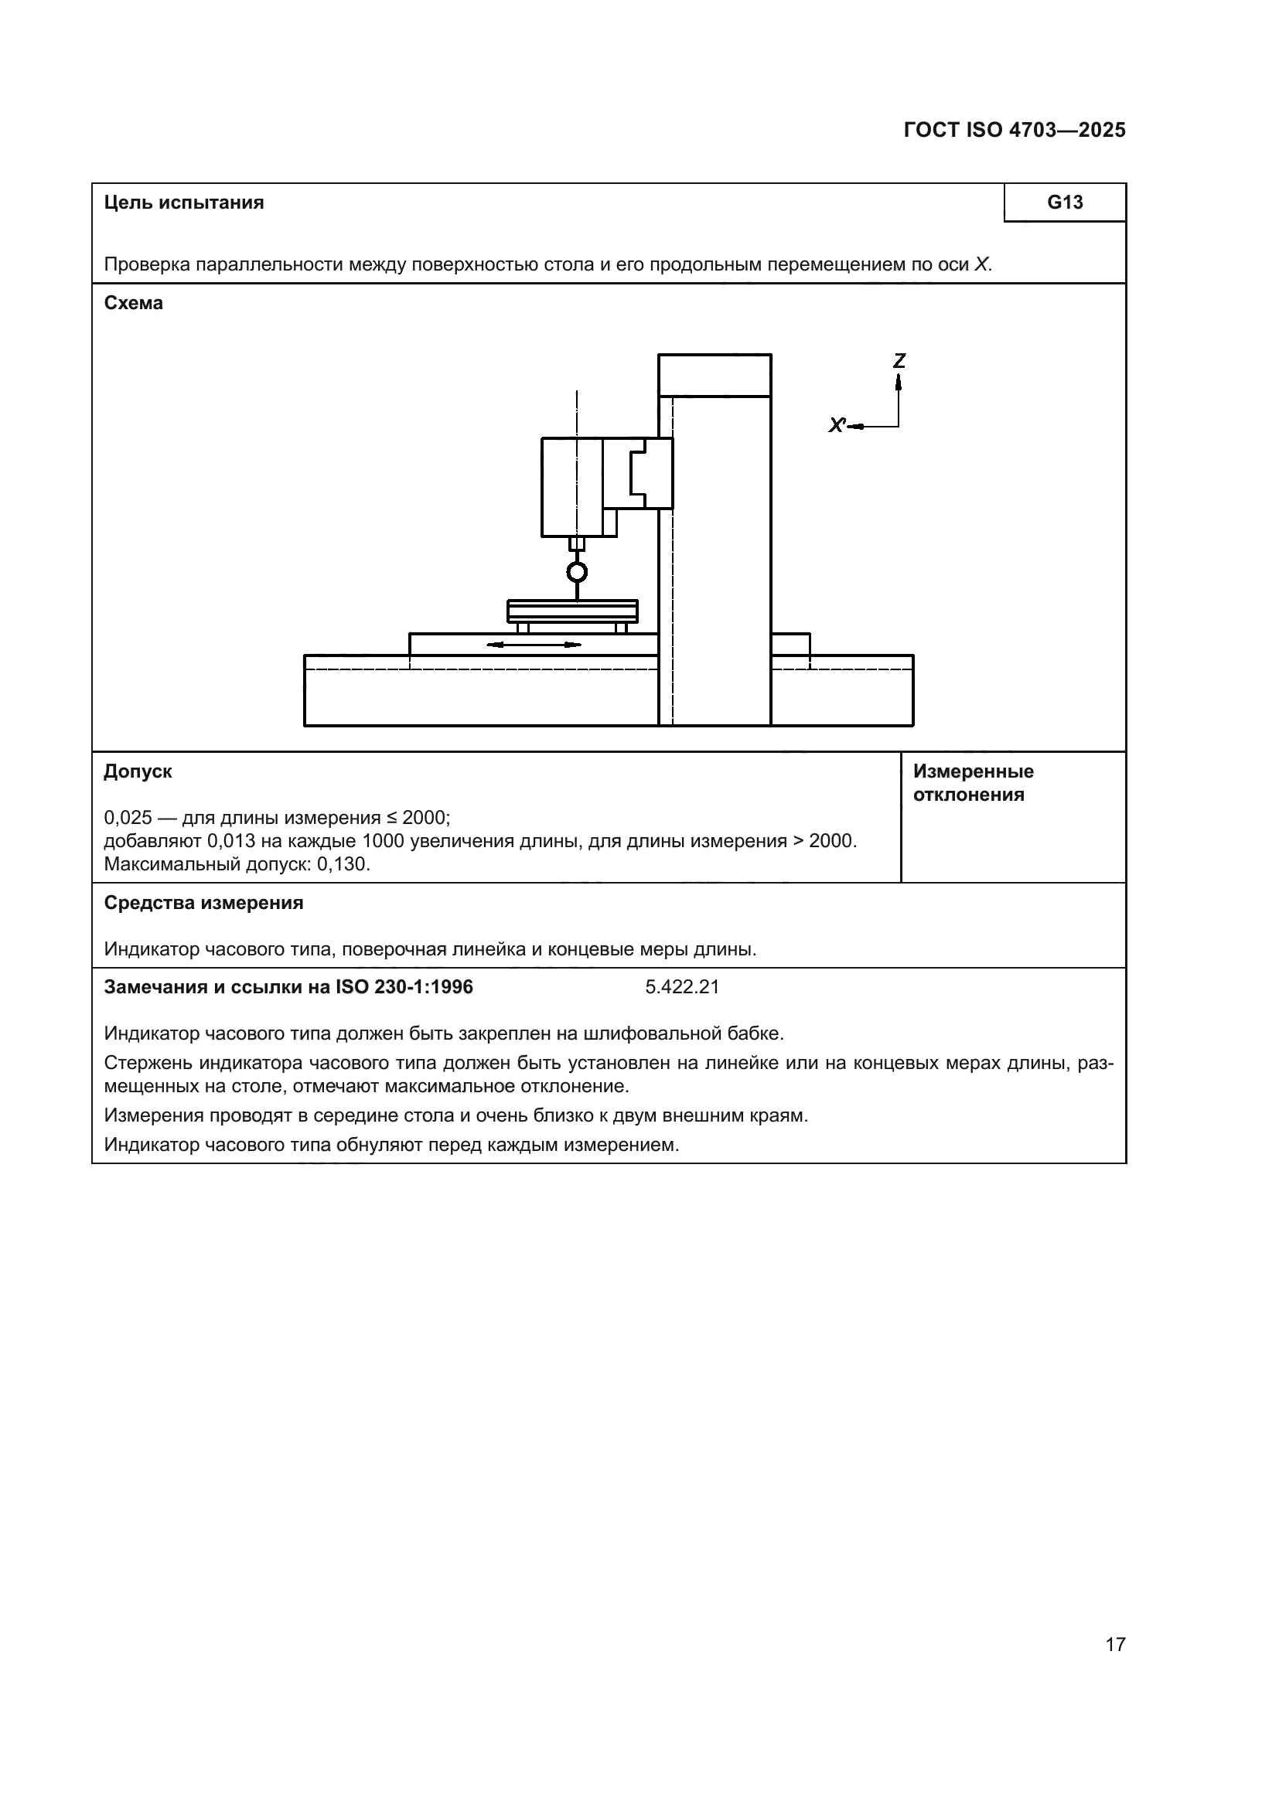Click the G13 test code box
(1064, 203)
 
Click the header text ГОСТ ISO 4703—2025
(1014, 131)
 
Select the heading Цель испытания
(183, 203)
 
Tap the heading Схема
(133, 303)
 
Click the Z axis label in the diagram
(899, 361)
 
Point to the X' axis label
(837, 426)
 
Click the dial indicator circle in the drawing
(577, 572)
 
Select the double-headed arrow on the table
(534, 645)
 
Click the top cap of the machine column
(714, 376)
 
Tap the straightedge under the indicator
(571, 611)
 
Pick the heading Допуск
(138, 771)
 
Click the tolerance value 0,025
(128, 817)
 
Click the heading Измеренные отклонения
(973, 783)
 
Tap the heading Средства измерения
(203, 903)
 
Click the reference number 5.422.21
(682, 987)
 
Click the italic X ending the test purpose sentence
(981, 264)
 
